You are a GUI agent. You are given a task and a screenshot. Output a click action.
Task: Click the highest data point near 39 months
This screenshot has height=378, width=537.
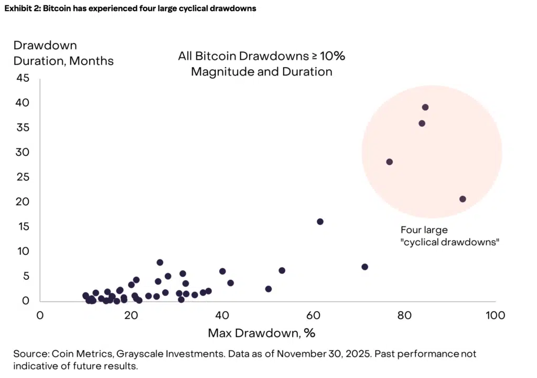click(425, 107)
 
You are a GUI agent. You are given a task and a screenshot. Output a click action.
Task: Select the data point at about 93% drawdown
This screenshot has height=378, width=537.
click(463, 199)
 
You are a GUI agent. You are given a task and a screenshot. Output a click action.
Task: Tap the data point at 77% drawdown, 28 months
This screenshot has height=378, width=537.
click(389, 162)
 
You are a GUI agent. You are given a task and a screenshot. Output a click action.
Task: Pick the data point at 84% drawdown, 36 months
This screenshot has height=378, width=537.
click(422, 123)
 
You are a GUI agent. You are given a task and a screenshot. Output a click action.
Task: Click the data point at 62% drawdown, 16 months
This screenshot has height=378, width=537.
click(320, 222)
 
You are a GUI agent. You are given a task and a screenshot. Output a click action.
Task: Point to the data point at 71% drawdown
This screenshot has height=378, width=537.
click(365, 267)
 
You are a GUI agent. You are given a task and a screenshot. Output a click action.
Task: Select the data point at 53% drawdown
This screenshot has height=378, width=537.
click(282, 270)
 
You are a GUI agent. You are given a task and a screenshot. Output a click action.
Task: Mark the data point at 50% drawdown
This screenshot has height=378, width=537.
click(268, 289)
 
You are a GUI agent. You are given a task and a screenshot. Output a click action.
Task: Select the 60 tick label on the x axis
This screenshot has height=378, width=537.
click(313, 316)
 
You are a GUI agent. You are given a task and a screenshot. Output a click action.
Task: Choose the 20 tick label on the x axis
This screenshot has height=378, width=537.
click(131, 316)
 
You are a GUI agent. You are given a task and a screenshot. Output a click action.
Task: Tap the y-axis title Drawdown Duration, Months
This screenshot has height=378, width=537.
click(63, 53)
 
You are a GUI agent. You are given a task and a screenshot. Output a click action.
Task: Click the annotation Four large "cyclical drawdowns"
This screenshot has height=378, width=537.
click(449, 236)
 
